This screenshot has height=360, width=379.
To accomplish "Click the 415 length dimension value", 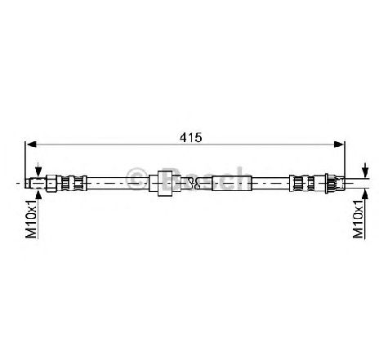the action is tap(190, 137).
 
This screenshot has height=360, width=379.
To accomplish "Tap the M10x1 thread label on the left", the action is tap(31, 219).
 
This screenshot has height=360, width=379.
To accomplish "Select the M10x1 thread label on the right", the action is tap(358, 219).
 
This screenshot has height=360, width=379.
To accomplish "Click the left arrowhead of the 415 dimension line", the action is tap(31, 144).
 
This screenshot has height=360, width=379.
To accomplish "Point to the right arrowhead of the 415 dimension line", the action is tap(339, 144).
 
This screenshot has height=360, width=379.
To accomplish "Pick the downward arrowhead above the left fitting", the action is tap(38, 171).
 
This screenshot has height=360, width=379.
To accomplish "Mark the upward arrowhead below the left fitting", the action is tap(38, 194).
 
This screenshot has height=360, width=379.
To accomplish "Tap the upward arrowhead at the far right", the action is tap(365, 194).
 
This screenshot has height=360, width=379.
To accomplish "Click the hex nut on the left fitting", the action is tap(51, 183).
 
